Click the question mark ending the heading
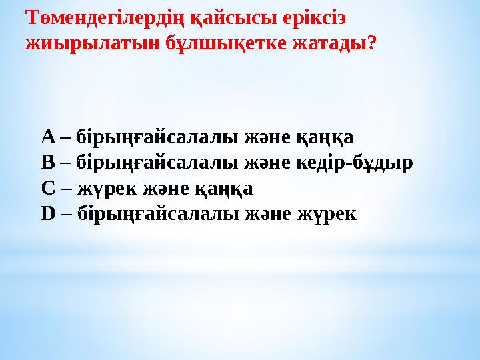pos(372,44)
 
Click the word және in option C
pos(163,189)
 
